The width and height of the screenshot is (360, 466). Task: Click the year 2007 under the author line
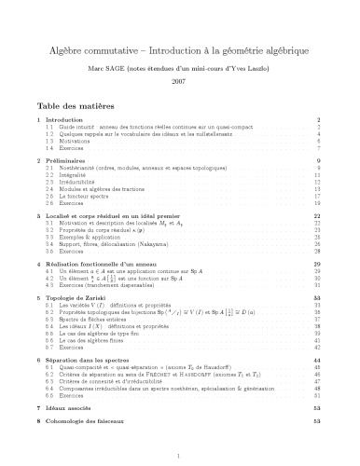180,82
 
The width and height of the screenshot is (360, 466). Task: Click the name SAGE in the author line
156,67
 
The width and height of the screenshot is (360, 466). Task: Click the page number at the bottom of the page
180,454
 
